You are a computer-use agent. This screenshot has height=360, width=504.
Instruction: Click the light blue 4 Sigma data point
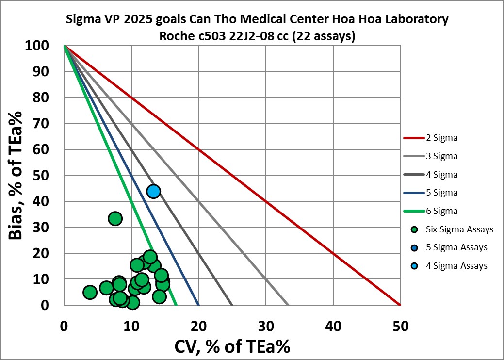pos(154,191)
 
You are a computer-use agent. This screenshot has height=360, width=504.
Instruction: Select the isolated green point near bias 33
pos(115,218)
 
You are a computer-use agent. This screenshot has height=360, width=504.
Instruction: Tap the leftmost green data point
pos(90,292)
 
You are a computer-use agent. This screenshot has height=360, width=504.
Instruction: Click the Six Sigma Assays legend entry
pos(459,229)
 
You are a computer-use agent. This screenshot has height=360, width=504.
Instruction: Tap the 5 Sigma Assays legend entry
pos(456,247)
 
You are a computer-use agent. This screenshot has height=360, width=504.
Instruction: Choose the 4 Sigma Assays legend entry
pos(456,265)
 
